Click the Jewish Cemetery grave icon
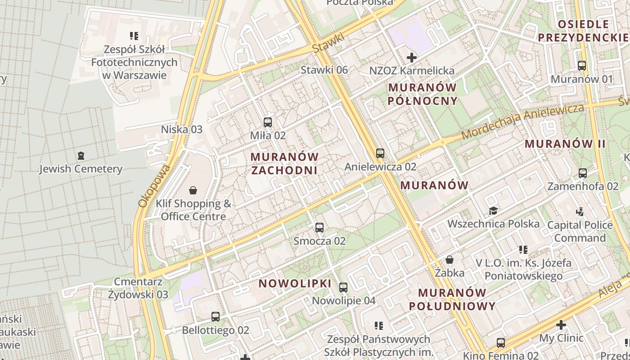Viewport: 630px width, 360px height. (x=81, y=156)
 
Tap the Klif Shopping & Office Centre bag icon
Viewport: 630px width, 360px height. (x=193, y=190)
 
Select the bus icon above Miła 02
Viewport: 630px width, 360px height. (x=268, y=122)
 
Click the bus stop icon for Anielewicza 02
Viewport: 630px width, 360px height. (x=380, y=153)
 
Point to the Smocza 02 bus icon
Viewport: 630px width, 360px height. (x=319, y=228)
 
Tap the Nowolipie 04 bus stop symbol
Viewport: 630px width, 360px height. (x=343, y=287)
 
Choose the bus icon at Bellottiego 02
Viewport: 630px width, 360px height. (x=216, y=317)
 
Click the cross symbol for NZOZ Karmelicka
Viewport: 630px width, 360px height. (x=411, y=58)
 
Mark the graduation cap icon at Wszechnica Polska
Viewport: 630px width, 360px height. (x=493, y=211)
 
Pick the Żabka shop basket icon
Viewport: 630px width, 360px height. (x=449, y=260)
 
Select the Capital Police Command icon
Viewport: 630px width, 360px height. (x=580, y=211)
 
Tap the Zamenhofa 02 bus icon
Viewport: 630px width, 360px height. (x=583, y=173)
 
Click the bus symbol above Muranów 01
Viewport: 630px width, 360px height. (x=582, y=66)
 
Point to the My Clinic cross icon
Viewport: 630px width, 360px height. (x=561, y=324)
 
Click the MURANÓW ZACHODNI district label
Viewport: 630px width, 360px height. (x=284, y=163)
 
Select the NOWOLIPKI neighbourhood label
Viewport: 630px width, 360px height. (x=295, y=284)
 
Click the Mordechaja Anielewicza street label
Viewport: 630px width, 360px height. (x=522, y=121)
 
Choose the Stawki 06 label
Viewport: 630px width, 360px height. (x=324, y=70)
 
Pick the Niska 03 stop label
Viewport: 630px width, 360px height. (x=182, y=130)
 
